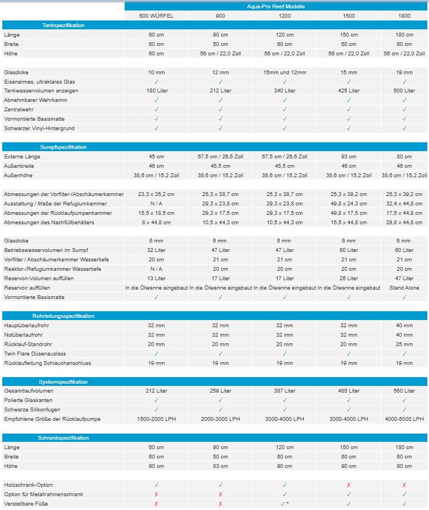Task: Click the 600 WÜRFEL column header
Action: pyautogui.click(x=156, y=16)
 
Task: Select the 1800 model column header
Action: pyautogui.click(x=404, y=16)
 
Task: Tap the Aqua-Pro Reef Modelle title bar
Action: pyautogui.click(x=276, y=6)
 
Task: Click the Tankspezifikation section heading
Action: pyautogui.click(x=63, y=25)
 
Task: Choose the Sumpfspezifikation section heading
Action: pyautogui.click(x=63, y=147)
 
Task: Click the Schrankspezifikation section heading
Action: pyautogui.click(x=63, y=438)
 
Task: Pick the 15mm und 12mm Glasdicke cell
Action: pyautogui.click(x=284, y=73)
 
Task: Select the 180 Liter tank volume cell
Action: pyautogui.click(x=156, y=91)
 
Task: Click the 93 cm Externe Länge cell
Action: pyautogui.click(x=349, y=157)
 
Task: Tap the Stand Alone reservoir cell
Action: pyautogui.click(x=404, y=288)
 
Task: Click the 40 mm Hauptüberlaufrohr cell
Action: pyautogui.click(x=404, y=326)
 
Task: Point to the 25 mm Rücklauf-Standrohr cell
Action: pyautogui.click(x=404, y=344)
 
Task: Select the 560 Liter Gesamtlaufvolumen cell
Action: pyautogui.click(x=404, y=391)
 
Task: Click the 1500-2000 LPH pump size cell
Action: pyautogui.click(x=156, y=419)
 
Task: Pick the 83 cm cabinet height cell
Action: pyautogui.click(x=220, y=466)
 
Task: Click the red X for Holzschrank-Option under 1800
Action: pyautogui.click(x=404, y=485)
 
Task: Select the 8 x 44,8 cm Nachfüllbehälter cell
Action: pyautogui.click(x=156, y=223)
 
